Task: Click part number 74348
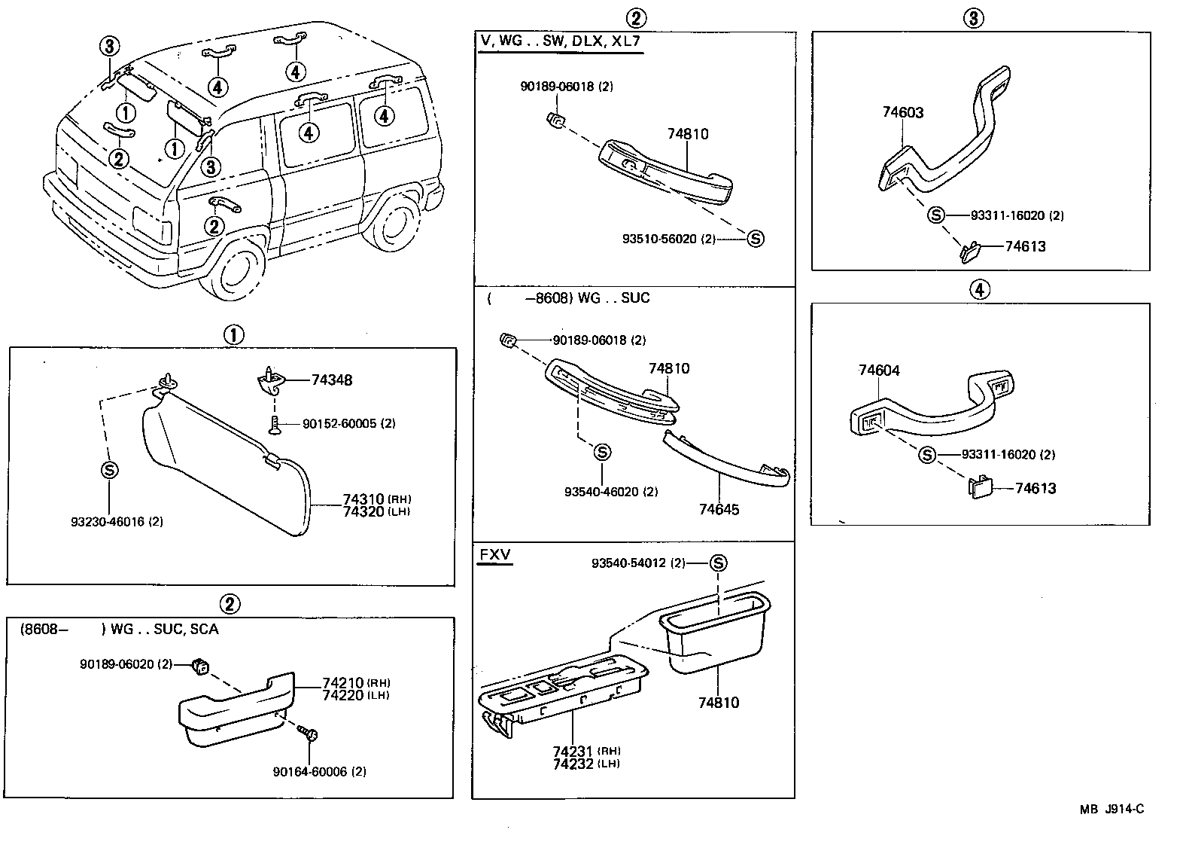pyautogui.click(x=331, y=380)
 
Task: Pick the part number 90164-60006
pyautogui.click(x=319, y=771)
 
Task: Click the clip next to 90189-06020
pyautogui.click(x=200, y=665)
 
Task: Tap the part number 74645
pyautogui.click(x=719, y=509)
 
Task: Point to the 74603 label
pyautogui.click(x=903, y=112)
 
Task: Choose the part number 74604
pyautogui.click(x=879, y=370)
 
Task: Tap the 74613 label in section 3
pyautogui.click(x=1025, y=246)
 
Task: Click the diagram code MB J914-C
pyautogui.click(x=1112, y=809)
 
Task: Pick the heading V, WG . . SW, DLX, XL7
pyautogui.click(x=560, y=41)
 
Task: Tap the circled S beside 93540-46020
pyautogui.click(x=602, y=452)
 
